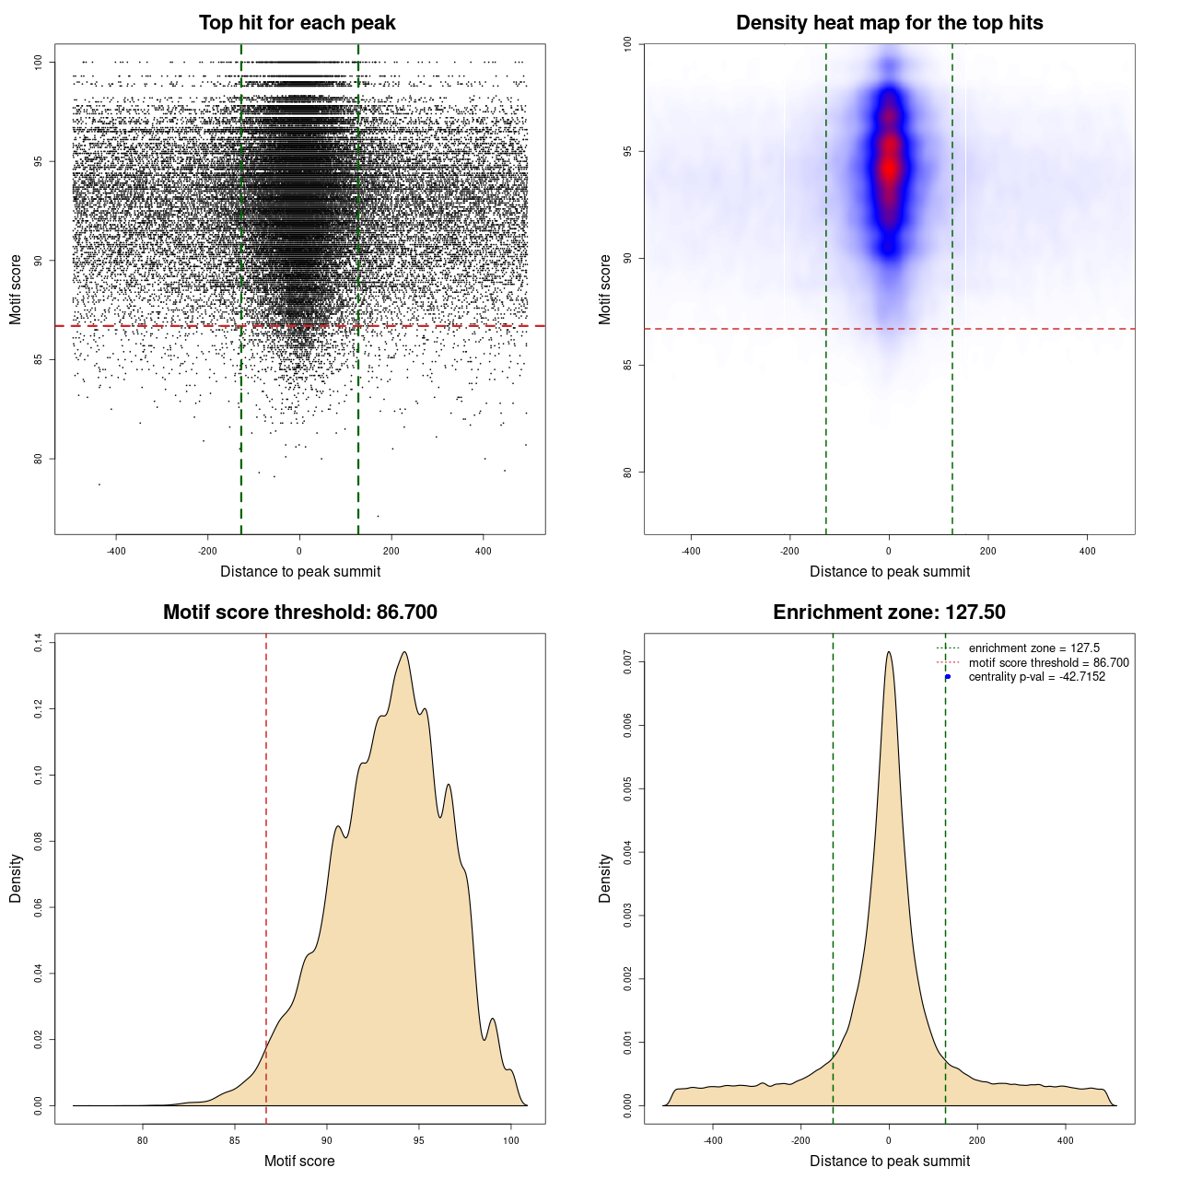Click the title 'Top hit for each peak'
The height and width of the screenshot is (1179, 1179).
click(x=297, y=23)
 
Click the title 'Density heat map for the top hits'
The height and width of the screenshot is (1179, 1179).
click(x=889, y=23)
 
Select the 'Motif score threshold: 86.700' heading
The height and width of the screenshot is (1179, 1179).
click(x=299, y=613)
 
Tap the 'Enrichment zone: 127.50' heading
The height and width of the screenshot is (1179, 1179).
click(x=889, y=613)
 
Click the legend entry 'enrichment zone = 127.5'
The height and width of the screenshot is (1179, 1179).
click(x=1033, y=648)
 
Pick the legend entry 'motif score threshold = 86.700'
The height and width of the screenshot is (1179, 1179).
click(x=1048, y=663)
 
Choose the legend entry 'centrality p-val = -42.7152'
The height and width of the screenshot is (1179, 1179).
click(x=1036, y=677)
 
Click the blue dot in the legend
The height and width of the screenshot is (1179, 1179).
click(x=948, y=677)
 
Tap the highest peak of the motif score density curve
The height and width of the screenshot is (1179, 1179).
click(x=403, y=653)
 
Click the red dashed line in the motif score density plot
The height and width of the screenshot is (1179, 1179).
click(x=266, y=875)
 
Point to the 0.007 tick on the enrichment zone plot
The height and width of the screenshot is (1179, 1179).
click(x=627, y=661)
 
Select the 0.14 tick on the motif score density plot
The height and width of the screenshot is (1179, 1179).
click(x=38, y=643)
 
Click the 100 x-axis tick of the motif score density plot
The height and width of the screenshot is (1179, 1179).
click(x=511, y=1140)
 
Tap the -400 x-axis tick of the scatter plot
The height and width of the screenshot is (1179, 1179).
click(x=116, y=551)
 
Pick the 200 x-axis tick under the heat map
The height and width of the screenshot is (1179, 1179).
click(x=988, y=551)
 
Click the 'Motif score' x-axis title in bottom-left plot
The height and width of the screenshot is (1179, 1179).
click(x=299, y=1161)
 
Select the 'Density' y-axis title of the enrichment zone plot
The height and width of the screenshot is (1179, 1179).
click(x=605, y=878)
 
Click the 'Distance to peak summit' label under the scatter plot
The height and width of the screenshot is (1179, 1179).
click(x=300, y=571)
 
